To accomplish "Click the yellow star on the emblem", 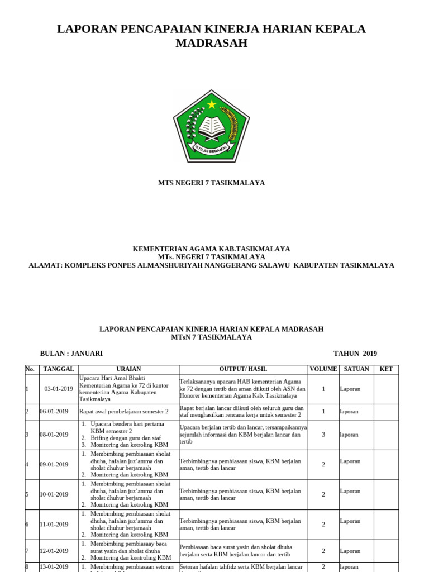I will click(x=211, y=104).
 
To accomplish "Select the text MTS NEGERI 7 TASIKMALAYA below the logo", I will click(x=211, y=183).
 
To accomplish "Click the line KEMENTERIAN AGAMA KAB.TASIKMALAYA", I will click(x=211, y=249).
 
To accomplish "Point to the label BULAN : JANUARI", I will click(x=71, y=354).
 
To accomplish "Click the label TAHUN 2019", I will click(x=355, y=354).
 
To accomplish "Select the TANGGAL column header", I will click(x=59, y=369).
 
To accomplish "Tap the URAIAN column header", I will click(x=128, y=369).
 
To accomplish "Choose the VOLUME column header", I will click(x=323, y=369).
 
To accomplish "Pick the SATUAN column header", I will click(x=356, y=369).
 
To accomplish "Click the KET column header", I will click(x=386, y=369).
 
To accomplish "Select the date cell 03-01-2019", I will click(x=59, y=389).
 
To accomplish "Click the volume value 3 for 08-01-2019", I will click(x=323, y=435).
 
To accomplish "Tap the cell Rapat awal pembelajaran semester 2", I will click(x=124, y=412).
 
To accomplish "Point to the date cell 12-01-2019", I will click(x=54, y=551).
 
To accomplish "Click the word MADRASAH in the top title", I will click(x=211, y=44).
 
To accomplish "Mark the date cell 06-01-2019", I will click(x=54, y=412).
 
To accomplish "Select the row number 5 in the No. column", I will click(x=27, y=494).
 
